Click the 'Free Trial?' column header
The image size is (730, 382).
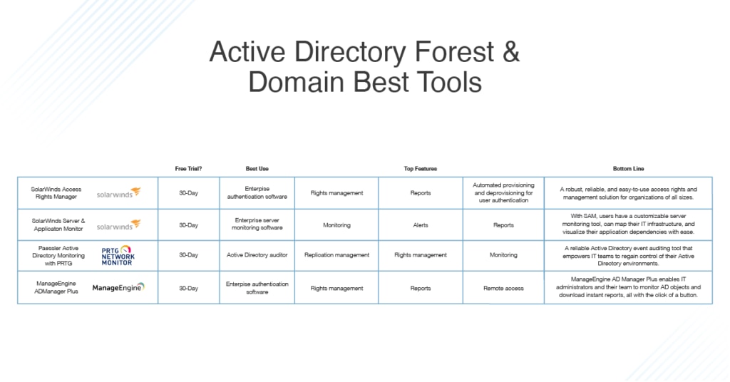[188, 169]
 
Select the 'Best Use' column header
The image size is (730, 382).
[257, 169]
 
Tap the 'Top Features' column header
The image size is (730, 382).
[421, 169]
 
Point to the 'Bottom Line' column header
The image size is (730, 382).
[628, 169]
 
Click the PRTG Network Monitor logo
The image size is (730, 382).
[118, 255]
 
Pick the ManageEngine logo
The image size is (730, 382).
[118, 287]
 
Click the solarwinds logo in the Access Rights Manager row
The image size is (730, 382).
[119, 192]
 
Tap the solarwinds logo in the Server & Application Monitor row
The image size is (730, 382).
[119, 224]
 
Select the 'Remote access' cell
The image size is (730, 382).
[503, 289]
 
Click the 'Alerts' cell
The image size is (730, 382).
[421, 225]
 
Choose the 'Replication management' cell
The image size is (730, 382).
[336, 255]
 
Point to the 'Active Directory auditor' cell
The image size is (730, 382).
[257, 255]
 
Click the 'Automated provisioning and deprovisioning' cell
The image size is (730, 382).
[503, 192]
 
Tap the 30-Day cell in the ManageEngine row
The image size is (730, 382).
[188, 289]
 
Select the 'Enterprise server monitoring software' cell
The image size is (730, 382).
[257, 224]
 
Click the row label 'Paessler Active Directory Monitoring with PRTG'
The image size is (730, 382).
[58, 255]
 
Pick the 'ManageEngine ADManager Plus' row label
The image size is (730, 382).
[56, 287]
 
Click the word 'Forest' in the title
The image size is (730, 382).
[453, 51]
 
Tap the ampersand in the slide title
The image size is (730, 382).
[510, 51]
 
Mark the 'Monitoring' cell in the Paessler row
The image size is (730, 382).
[503, 255]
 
